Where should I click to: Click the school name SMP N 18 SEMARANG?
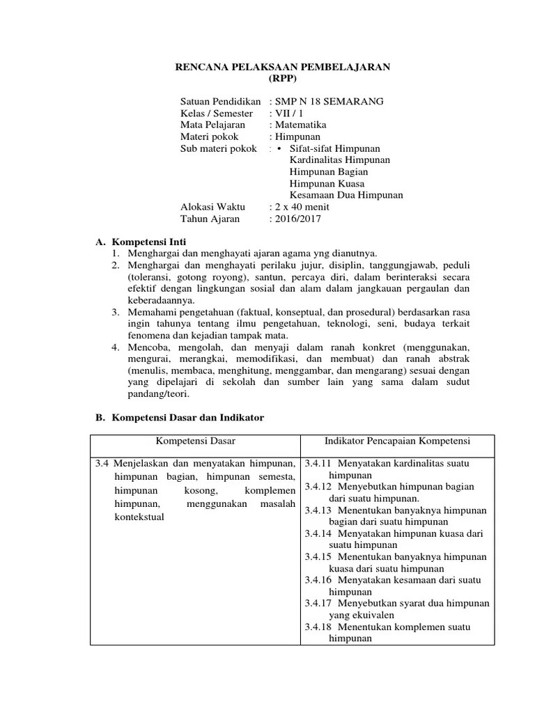click(329, 101)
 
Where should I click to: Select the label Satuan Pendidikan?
click(220, 101)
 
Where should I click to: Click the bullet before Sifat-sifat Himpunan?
click(279, 148)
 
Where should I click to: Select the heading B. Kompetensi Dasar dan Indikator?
click(179, 418)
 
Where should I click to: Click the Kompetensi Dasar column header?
click(194, 441)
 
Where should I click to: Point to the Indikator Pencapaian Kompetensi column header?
click(397, 441)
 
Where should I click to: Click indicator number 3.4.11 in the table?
click(318, 463)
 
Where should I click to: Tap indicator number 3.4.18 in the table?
click(318, 627)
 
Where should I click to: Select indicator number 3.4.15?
click(318, 556)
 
